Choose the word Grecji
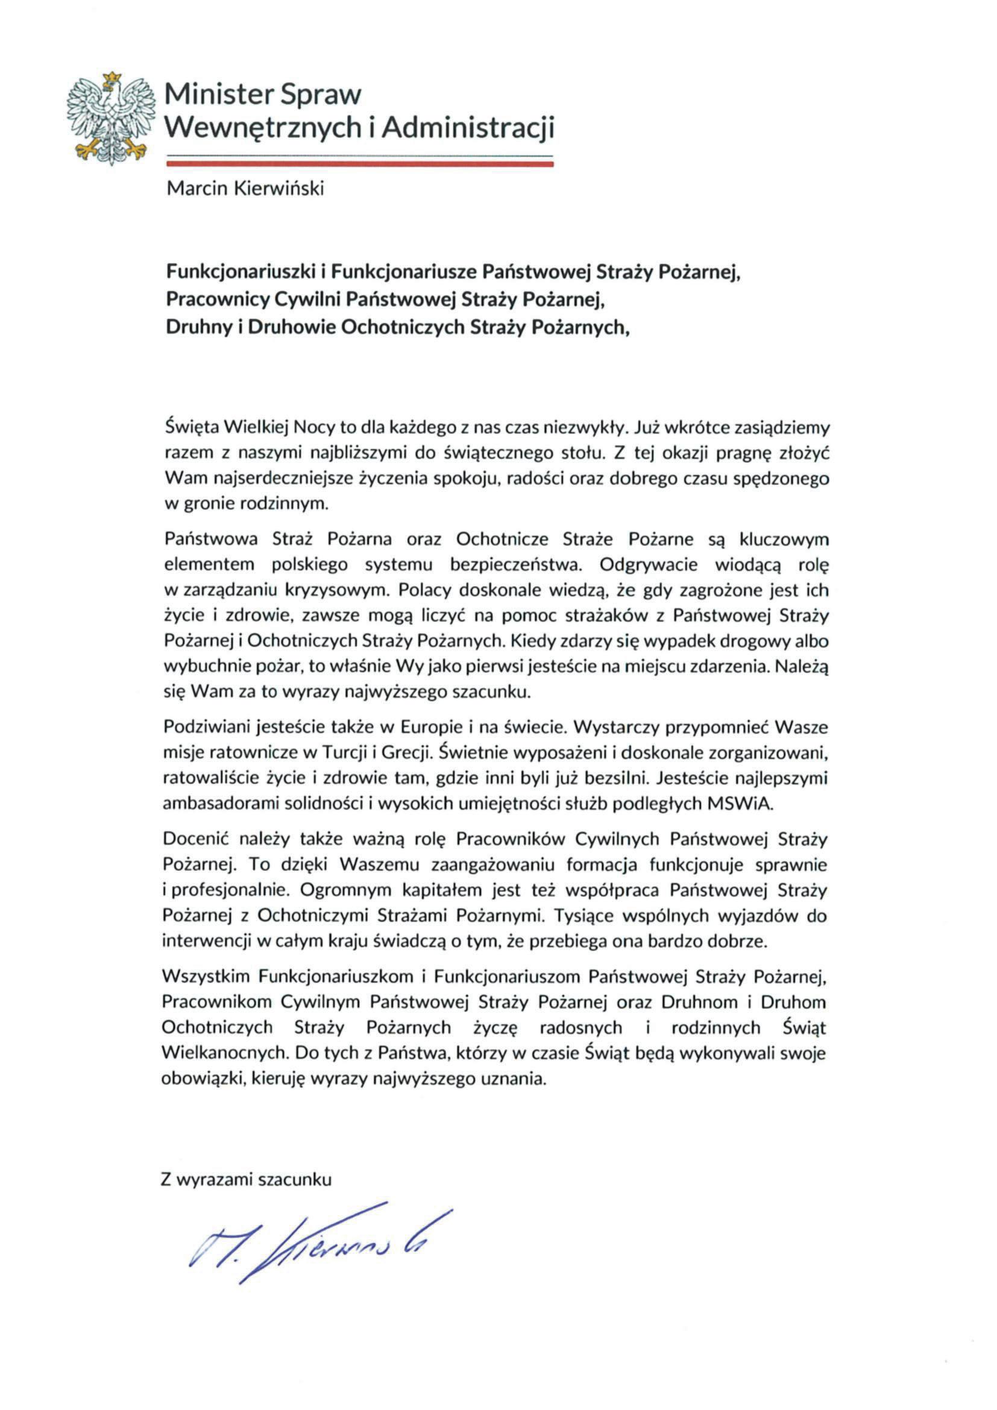pyautogui.click(x=404, y=752)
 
